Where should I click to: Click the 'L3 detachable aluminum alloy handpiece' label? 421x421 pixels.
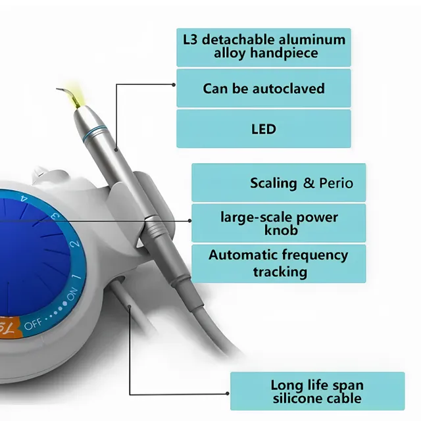click(264, 47)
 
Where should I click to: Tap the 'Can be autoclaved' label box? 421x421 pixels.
click(264, 88)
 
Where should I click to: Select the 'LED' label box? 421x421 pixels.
click(264, 128)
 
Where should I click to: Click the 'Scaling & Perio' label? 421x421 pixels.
click(278, 183)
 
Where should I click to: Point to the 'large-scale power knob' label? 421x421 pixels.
click(278, 223)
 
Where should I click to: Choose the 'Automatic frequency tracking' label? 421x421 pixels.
click(278, 263)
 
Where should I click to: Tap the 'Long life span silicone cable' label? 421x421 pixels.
click(316, 391)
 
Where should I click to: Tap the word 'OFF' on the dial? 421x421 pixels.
click(34, 325)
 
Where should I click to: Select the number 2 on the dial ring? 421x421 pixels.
click(75, 245)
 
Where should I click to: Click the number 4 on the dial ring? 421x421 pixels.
click(24, 197)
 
